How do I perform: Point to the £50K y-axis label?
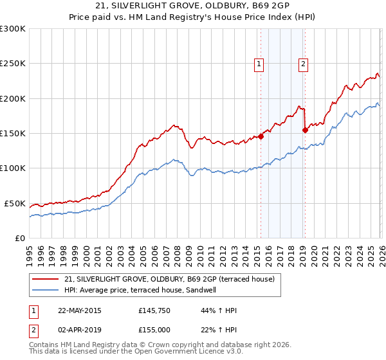tap(14, 203)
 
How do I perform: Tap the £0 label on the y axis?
tap(19, 238)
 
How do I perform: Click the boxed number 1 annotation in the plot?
tap(259, 63)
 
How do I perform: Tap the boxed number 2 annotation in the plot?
tap(302, 63)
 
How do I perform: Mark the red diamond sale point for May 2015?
tap(261, 136)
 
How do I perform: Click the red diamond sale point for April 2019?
tap(305, 130)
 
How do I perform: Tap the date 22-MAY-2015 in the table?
tap(79, 310)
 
